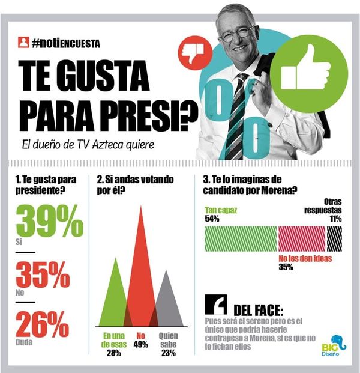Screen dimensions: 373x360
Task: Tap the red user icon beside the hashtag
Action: pyautogui.click(x=23, y=43)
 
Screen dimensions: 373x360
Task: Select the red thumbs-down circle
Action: pyautogui.click(x=196, y=52)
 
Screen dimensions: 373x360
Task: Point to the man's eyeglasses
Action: pyautogui.click(x=238, y=34)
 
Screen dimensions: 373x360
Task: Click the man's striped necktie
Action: pyautogui.click(x=236, y=114)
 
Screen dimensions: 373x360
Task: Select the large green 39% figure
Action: pyautogui.click(x=49, y=222)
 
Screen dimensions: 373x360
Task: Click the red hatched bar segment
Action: pyautogui.click(x=302, y=238)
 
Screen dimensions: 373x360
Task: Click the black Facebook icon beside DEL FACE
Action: pyautogui.click(x=215, y=305)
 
